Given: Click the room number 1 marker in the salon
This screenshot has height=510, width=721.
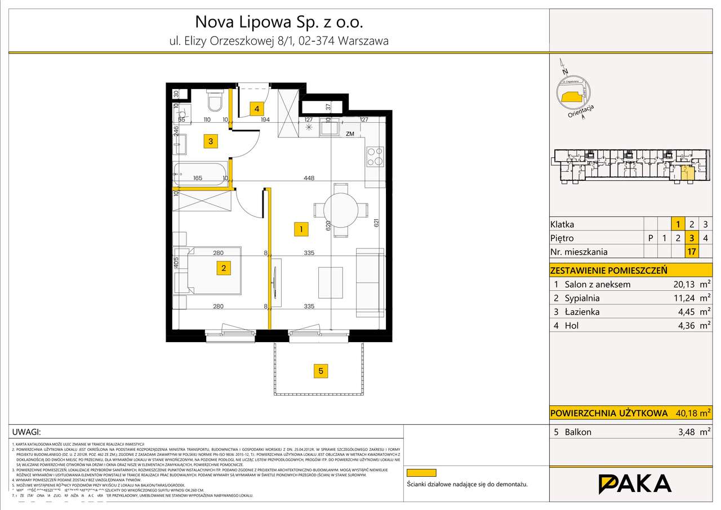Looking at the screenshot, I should click(301, 229).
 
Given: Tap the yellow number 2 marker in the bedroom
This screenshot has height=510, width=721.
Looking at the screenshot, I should click(224, 268).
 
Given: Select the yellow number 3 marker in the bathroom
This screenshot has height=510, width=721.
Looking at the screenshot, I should click(210, 141).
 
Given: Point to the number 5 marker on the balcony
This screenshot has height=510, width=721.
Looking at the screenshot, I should click(321, 371).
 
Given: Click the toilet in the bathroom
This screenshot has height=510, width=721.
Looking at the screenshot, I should click(214, 101).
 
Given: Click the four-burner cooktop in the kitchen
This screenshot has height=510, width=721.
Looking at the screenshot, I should click(375, 157).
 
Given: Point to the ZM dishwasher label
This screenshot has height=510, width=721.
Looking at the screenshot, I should click(350, 134).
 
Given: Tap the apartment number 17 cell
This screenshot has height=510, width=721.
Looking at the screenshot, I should click(692, 252).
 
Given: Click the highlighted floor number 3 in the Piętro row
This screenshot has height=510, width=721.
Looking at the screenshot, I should click(692, 238).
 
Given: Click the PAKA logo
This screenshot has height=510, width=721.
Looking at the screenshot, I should click(634, 484).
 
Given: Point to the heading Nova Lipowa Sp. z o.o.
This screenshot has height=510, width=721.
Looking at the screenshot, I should click(279, 22).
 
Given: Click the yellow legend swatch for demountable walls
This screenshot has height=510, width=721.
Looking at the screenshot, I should click(421, 473).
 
